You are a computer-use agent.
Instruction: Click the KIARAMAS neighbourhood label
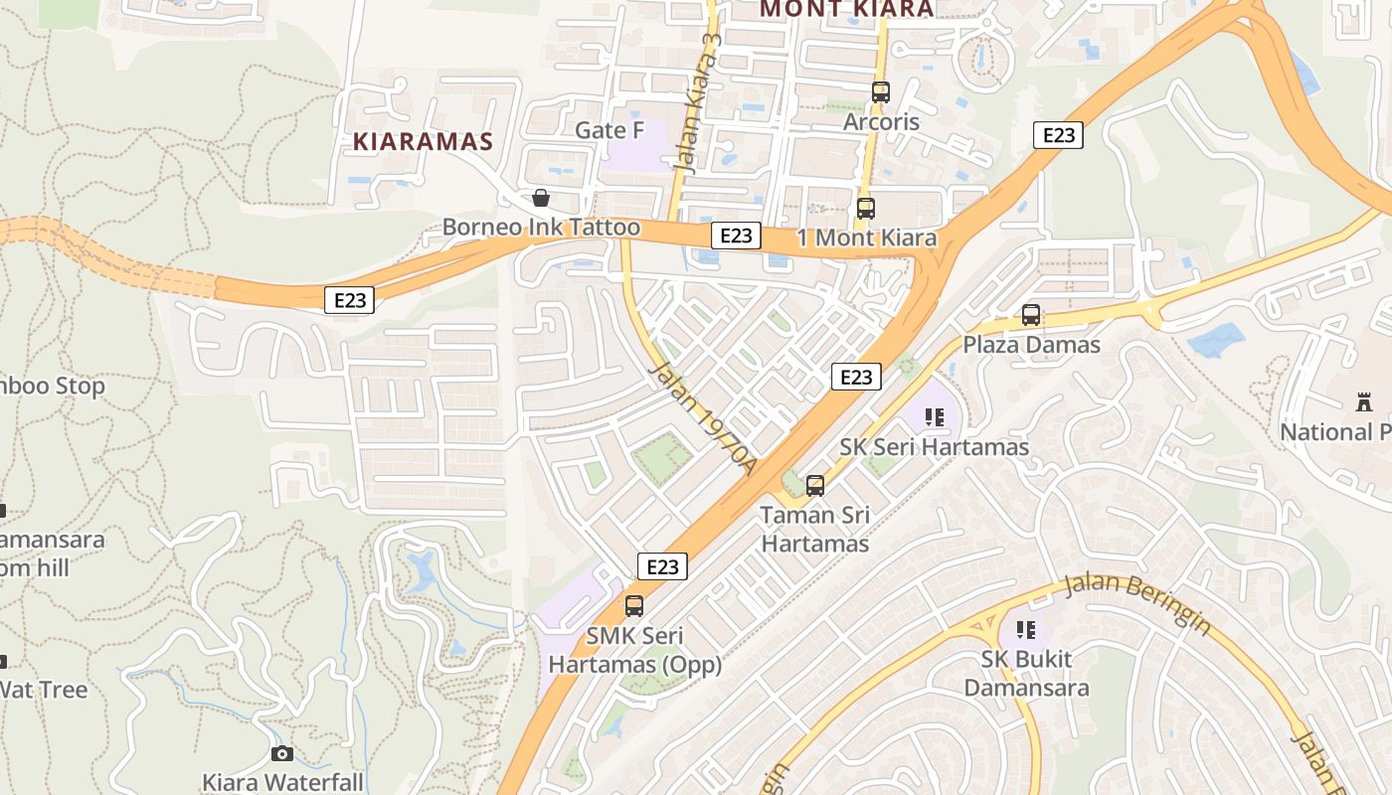point(423,141)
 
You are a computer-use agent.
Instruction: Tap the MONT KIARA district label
point(847,9)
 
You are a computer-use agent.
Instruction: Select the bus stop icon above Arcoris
point(880,92)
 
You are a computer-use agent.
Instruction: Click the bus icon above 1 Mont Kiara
point(865,209)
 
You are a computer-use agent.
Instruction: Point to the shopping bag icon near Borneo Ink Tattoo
point(540,198)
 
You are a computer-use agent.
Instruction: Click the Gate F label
point(609,130)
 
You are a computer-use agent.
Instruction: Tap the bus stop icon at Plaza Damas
point(1031,315)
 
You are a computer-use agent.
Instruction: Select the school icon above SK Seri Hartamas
point(934,417)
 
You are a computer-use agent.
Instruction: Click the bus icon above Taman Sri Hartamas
point(815,486)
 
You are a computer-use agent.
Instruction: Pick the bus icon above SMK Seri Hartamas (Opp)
point(634,605)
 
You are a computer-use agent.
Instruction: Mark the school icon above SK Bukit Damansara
point(1026,629)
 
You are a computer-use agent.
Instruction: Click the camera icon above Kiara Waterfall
point(282,753)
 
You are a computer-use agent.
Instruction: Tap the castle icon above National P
point(1363,402)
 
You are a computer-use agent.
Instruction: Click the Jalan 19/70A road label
point(702,420)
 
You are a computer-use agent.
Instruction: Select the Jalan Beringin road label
point(1137,603)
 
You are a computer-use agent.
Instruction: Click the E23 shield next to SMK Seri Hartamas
point(662,566)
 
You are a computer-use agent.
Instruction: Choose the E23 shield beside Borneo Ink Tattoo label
point(736,236)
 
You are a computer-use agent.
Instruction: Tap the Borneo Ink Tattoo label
point(541,227)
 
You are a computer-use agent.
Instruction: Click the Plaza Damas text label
point(1031,345)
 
